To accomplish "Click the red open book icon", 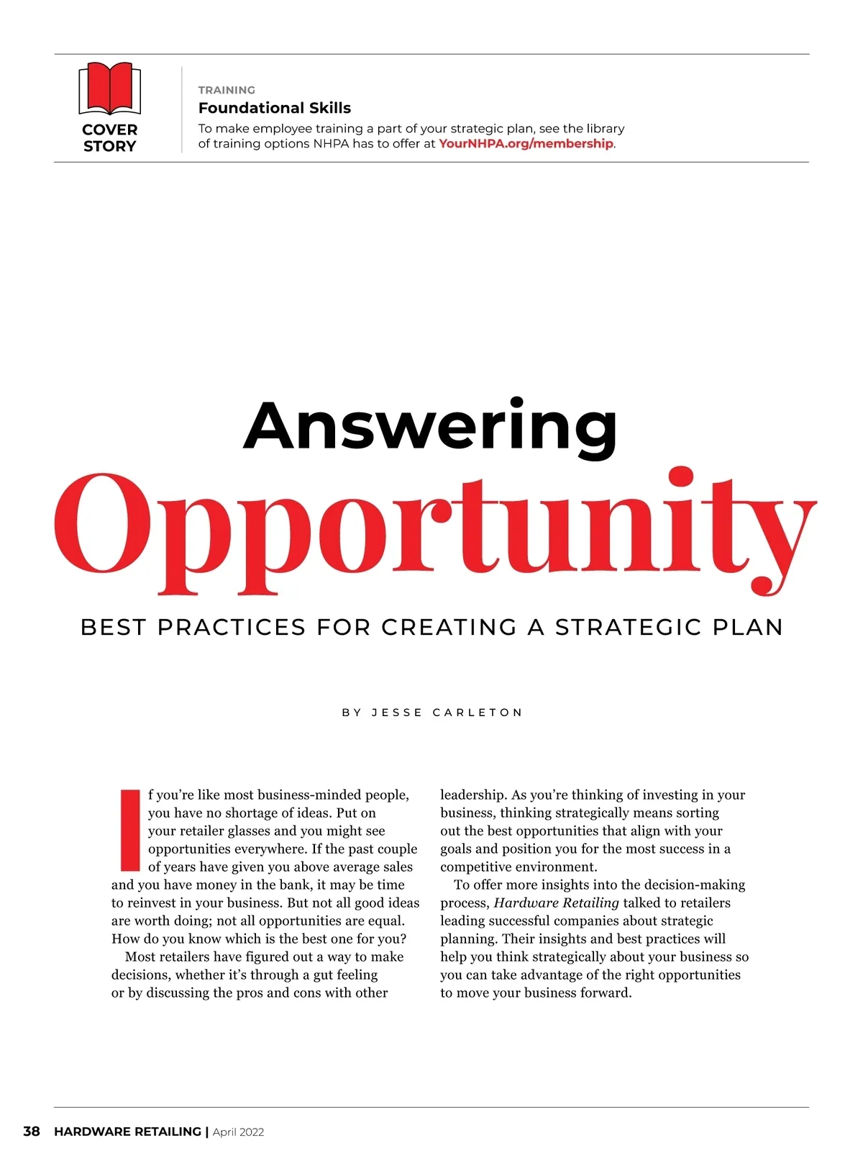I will coord(109,89).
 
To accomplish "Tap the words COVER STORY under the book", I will coord(109,137).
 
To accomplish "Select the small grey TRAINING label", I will coord(227,90).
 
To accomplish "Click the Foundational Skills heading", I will coord(275,108).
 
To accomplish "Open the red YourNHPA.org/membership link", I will coord(526,143).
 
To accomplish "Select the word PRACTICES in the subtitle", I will coord(232,627).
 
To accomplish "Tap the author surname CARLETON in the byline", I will coord(478,713).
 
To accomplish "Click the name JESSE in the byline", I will coord(397,713).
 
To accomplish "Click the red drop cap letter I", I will coord(129,830).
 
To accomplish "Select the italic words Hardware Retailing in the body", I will coord(556,903).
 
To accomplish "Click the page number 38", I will coord(32,1131).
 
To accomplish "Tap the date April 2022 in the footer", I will coord(238,1132).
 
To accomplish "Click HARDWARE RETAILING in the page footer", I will coord(127,1131).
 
